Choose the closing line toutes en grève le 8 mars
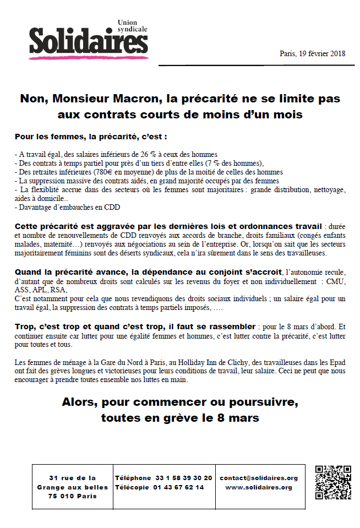180,418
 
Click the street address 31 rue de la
72,478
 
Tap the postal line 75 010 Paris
72,496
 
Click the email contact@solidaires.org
259,478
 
